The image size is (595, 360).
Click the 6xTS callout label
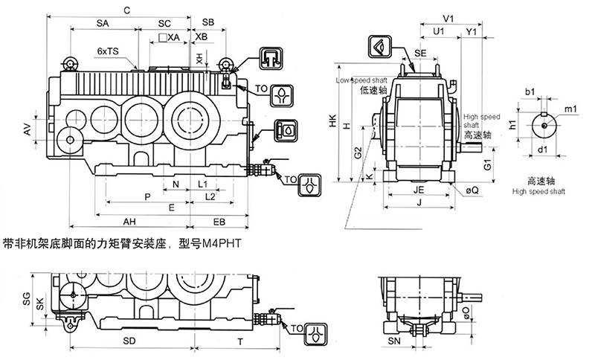[108, 51]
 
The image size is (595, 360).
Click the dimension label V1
[448, 17]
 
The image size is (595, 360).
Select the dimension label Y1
[471, 31]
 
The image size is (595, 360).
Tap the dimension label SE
[420, 54]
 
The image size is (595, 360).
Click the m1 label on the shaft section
[571, 110]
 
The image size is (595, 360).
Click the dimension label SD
[129, 341]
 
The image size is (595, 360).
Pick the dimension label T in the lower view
[239, 341]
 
